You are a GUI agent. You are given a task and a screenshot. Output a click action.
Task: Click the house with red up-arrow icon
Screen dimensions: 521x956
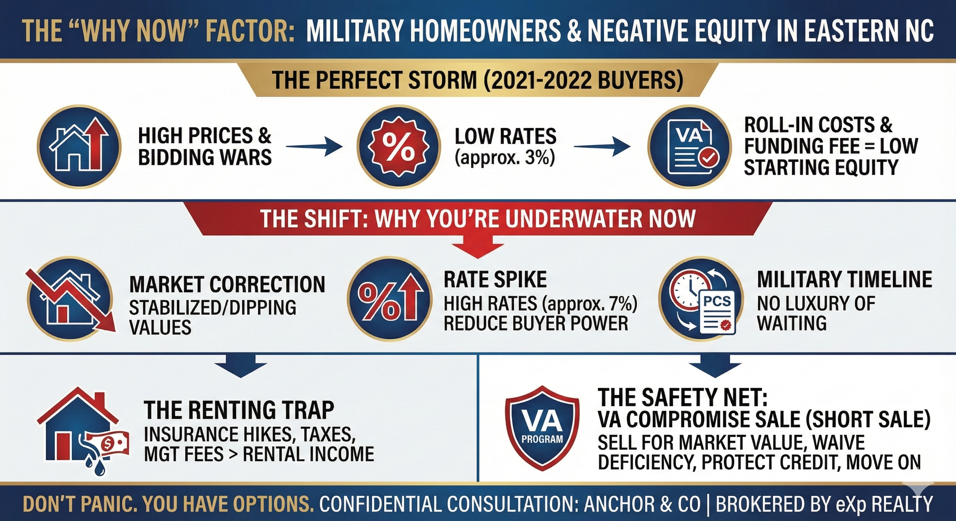(x=79, y=147)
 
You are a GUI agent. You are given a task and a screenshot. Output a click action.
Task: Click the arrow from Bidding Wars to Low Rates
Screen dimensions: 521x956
(x=314, y=147)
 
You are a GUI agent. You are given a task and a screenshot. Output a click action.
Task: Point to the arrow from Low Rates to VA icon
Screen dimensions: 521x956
(x=602, y=147)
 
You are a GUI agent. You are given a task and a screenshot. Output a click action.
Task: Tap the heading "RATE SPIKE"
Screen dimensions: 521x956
(x=495, y=280)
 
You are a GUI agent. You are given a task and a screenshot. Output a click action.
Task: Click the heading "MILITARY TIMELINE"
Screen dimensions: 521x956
(x=844, y=280)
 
